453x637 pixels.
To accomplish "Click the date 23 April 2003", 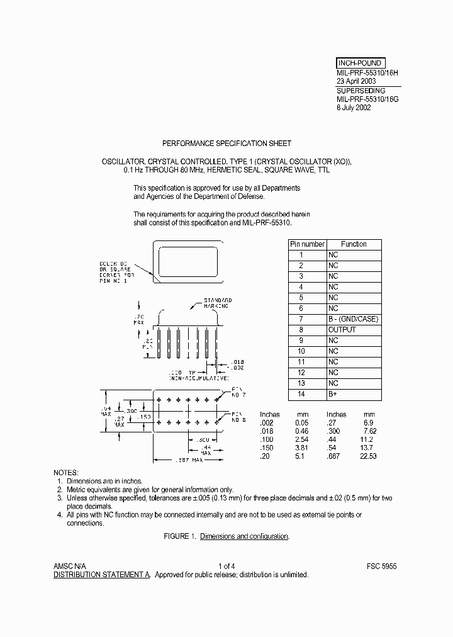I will pyautogui.click(x=357, y=81).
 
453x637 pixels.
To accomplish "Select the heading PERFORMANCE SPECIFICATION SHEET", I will pyautogui.click(x=226, y=144).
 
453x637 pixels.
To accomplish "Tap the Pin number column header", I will pyautogui.click(x=307, y=244).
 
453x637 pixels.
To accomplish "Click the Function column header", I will pyautogui.click(x=354, y=244).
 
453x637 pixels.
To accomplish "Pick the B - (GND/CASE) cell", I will pyautogui.click(x=353, y=319).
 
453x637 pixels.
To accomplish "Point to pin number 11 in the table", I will pyautogui.click(x=301, y=362).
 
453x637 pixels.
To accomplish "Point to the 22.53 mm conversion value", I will pyautogui.click(x=368, y=456).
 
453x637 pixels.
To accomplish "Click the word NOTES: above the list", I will pyautogui.click(x=66, y=472).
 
